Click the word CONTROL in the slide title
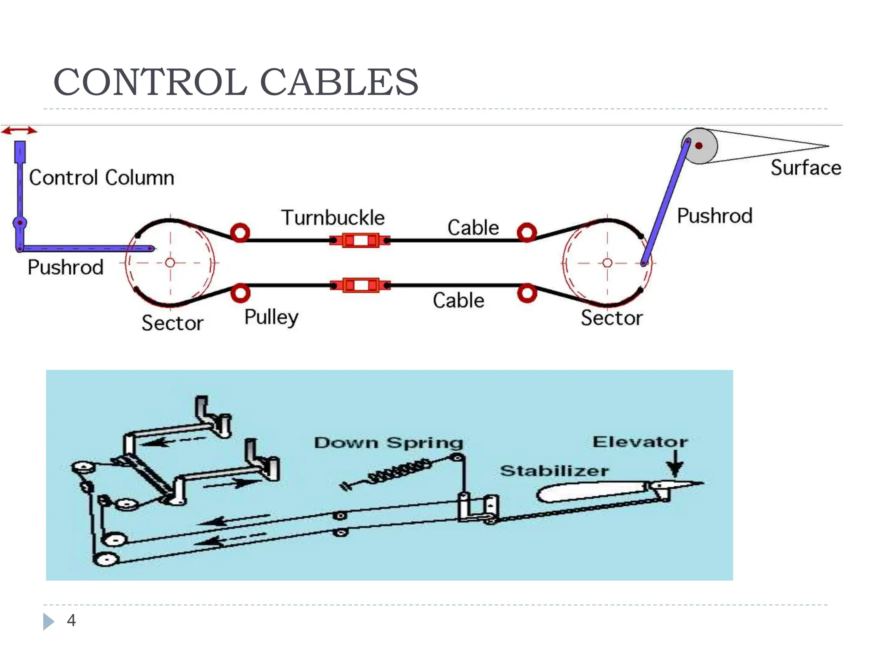click(x=150, y=82)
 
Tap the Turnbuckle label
click(x=333, y=218)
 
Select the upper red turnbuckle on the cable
click(x=360, y=241)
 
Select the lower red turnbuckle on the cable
click(x=361, y=285)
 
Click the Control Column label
click(x=102, y=178)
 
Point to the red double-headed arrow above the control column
click(x=19, y=131)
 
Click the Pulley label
click(x=271, y=317)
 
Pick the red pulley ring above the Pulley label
click(x=240, y=293)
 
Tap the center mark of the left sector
click(x=170, y=263)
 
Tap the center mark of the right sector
click(x=607, y=263)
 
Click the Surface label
click(x=806, y=168)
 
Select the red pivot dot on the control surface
click(x=699, y=146)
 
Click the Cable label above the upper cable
click(x=473, y=228)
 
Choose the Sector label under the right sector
click(x=612, y=318)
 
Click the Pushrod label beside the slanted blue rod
click(x=714, y=216)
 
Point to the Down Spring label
click(x=388, y=443)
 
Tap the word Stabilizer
click(x=554, y=471)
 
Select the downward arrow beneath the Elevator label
click(x=675, y=464)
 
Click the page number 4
click(x=71, y=620)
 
